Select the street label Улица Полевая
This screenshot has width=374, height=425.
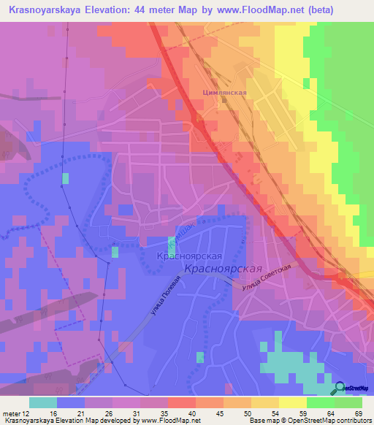[165, 300]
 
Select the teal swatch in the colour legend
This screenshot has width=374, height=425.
[43, 402]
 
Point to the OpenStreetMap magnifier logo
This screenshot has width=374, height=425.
[341, 388]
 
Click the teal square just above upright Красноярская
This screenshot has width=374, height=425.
[172, 245]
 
